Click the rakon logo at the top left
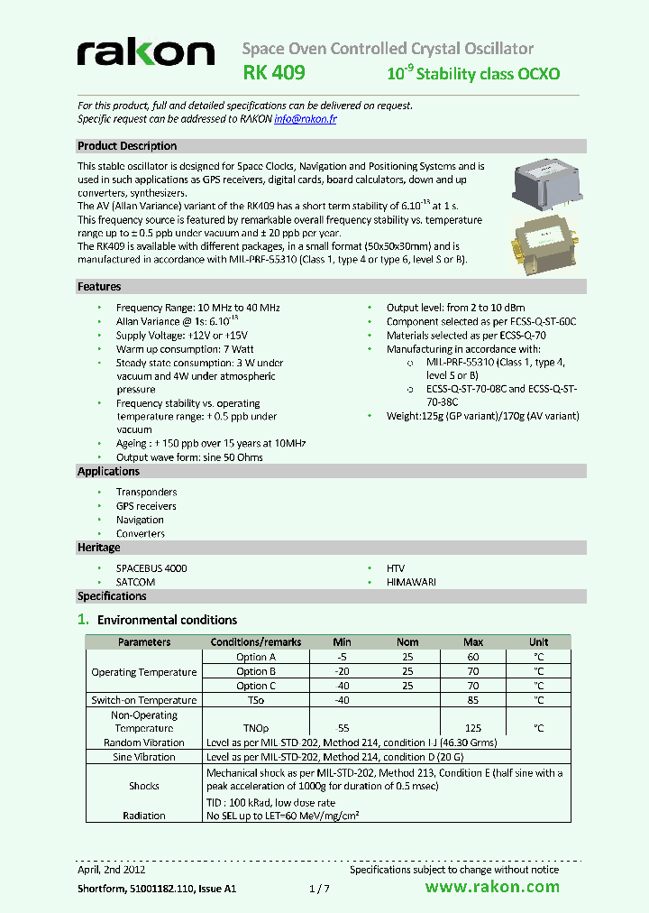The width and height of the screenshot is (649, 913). [x=145, y=53]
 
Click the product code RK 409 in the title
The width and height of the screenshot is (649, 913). [x=274, y=72]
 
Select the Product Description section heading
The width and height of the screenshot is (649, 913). [x=127, y=146]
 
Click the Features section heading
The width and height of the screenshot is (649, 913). [x=99, y=287]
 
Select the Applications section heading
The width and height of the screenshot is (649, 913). [x=109, y=472]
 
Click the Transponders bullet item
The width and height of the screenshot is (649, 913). [x=146, y=493]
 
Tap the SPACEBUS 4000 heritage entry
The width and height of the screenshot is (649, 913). [x=151, y=568]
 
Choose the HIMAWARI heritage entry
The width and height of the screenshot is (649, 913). [x=411, y=583]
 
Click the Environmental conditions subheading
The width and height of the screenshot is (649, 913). [x=167, y=620]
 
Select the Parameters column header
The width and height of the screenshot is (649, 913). [x=144, y=642]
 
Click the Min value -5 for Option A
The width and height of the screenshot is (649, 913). [x=342, y=658]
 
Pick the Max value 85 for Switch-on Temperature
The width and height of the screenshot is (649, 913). [x=473, y=701]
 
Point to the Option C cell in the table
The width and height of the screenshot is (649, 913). [x=256, y=687]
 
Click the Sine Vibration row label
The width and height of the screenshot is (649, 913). [x=144, y=758]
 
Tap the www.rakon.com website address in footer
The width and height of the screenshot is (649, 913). [x=491, y=888]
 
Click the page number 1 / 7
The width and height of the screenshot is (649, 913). [x=320, y=889]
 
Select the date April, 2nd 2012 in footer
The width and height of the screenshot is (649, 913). [x=111, y=870]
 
